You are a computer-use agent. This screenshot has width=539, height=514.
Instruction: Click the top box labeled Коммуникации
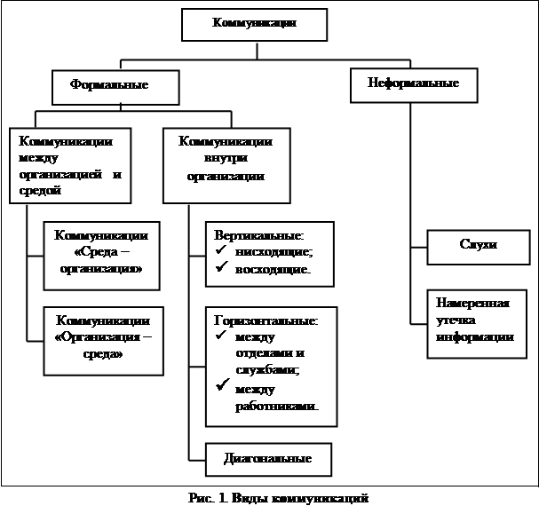click(254, 25)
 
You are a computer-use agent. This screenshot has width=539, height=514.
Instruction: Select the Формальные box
click(115, 87)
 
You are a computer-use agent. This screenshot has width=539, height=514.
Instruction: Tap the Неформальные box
click(414, 85)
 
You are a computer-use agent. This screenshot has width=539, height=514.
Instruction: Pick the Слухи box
click(479, 248)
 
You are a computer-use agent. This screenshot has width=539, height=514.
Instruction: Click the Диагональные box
click(268, 459)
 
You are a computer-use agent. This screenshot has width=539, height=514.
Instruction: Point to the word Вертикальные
click(258, 236)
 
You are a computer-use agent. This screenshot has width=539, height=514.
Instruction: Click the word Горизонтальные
click(266, 320)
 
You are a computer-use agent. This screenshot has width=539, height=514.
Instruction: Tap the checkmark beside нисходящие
click(221, 249)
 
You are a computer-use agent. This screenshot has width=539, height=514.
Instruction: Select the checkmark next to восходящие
click(222, 266)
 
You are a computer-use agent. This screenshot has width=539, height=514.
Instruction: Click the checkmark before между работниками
click(223, 384)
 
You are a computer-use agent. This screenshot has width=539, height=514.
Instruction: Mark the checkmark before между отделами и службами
click(221, 335)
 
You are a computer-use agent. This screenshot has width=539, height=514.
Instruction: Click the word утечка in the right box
click(456, 320)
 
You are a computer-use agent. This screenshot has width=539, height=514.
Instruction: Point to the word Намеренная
click(472, 303)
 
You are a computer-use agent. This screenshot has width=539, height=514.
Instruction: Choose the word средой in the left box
click(40, 190)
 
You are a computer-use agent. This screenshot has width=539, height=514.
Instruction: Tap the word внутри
click(226, 158)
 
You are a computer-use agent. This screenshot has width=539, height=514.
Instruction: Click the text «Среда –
click(102, 252)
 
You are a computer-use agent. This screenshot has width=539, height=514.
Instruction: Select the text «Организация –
click(103, 337)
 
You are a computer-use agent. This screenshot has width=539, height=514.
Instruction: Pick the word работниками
click(277, 407)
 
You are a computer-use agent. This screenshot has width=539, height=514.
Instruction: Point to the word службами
click(267, 369)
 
